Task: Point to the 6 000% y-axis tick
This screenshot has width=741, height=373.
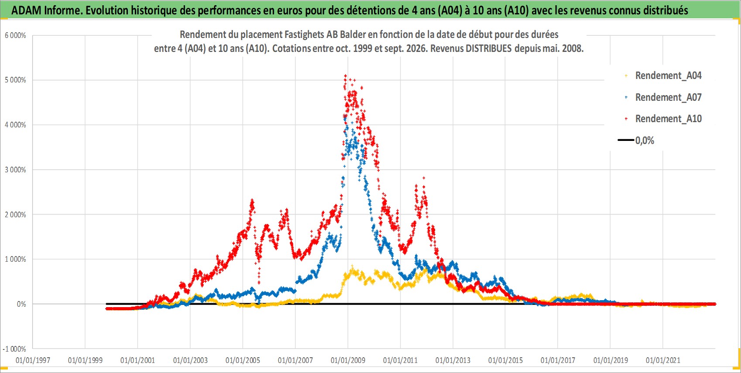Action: point(15,35)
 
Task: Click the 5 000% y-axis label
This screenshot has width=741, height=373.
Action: point(15,80)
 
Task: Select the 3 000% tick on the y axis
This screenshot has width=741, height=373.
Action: point(15,170)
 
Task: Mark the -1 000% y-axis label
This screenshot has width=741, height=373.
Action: point(14,349)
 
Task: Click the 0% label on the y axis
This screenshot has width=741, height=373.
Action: point(21,304)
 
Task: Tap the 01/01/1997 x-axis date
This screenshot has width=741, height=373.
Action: point(33,360)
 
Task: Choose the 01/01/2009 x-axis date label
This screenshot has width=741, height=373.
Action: point(348,360)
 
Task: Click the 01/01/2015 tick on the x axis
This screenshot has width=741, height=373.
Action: point(505,360)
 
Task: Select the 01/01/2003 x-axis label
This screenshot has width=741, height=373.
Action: point(190,360)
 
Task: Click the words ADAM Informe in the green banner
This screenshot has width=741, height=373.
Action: point(46,10)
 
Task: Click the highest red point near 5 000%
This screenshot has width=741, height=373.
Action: point(345,76)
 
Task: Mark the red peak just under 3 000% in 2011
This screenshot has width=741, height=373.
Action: point(424,178)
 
